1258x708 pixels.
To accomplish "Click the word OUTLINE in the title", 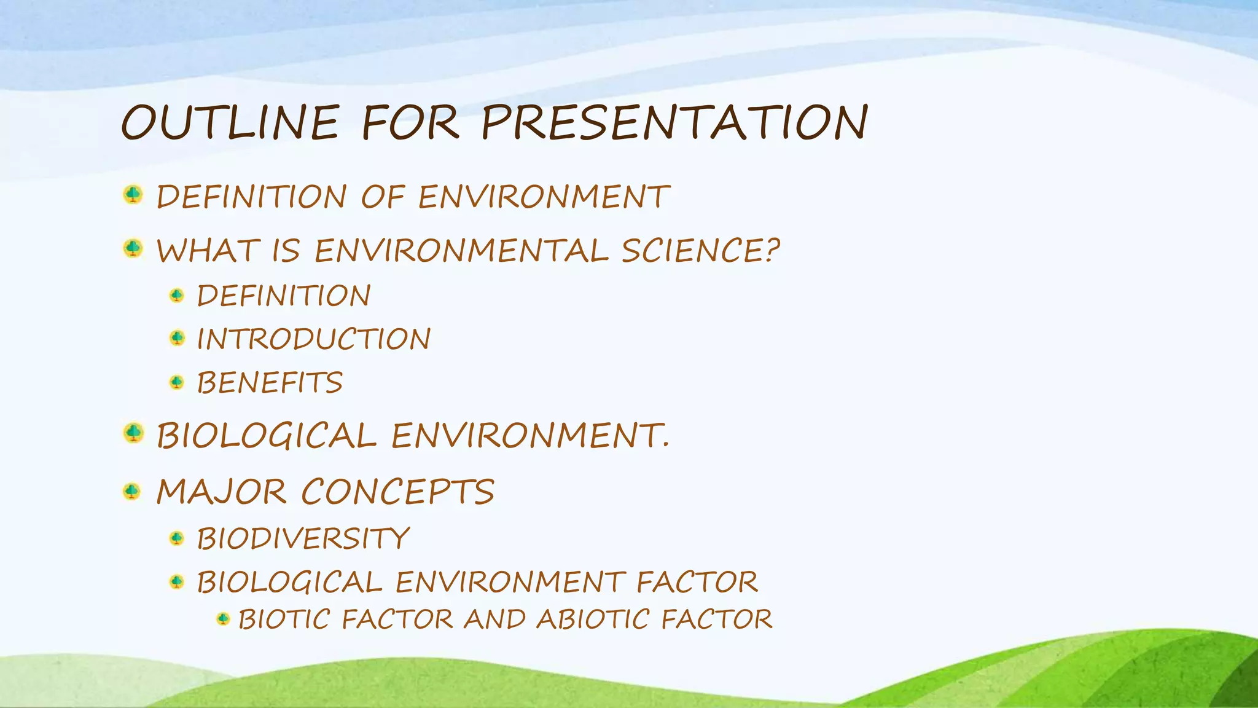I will (230, 122).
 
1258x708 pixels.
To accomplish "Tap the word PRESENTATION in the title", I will (674, 122).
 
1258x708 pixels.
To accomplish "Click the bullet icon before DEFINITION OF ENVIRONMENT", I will (133, 195).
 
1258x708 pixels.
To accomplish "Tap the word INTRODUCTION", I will (313, 339).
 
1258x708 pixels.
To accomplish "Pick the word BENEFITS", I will (269, 383).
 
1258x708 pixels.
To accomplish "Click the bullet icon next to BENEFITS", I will (177, 383).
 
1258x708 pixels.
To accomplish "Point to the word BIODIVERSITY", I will (303, 538).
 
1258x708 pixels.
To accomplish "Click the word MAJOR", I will (221, 492).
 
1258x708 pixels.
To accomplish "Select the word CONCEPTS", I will (397, 492).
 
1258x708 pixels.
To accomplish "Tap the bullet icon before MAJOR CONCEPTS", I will (132, 491).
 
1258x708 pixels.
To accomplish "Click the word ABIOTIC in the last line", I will (592, 619).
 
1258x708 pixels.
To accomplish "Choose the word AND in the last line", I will (494, 619).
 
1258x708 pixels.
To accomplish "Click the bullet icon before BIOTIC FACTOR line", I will (224, 618).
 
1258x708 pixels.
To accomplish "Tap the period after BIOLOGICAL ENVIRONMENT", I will (665, 446).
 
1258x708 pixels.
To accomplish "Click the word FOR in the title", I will (410, 122).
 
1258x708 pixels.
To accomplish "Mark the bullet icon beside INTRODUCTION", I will (177, 338).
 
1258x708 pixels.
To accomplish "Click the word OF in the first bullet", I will (382, 197).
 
